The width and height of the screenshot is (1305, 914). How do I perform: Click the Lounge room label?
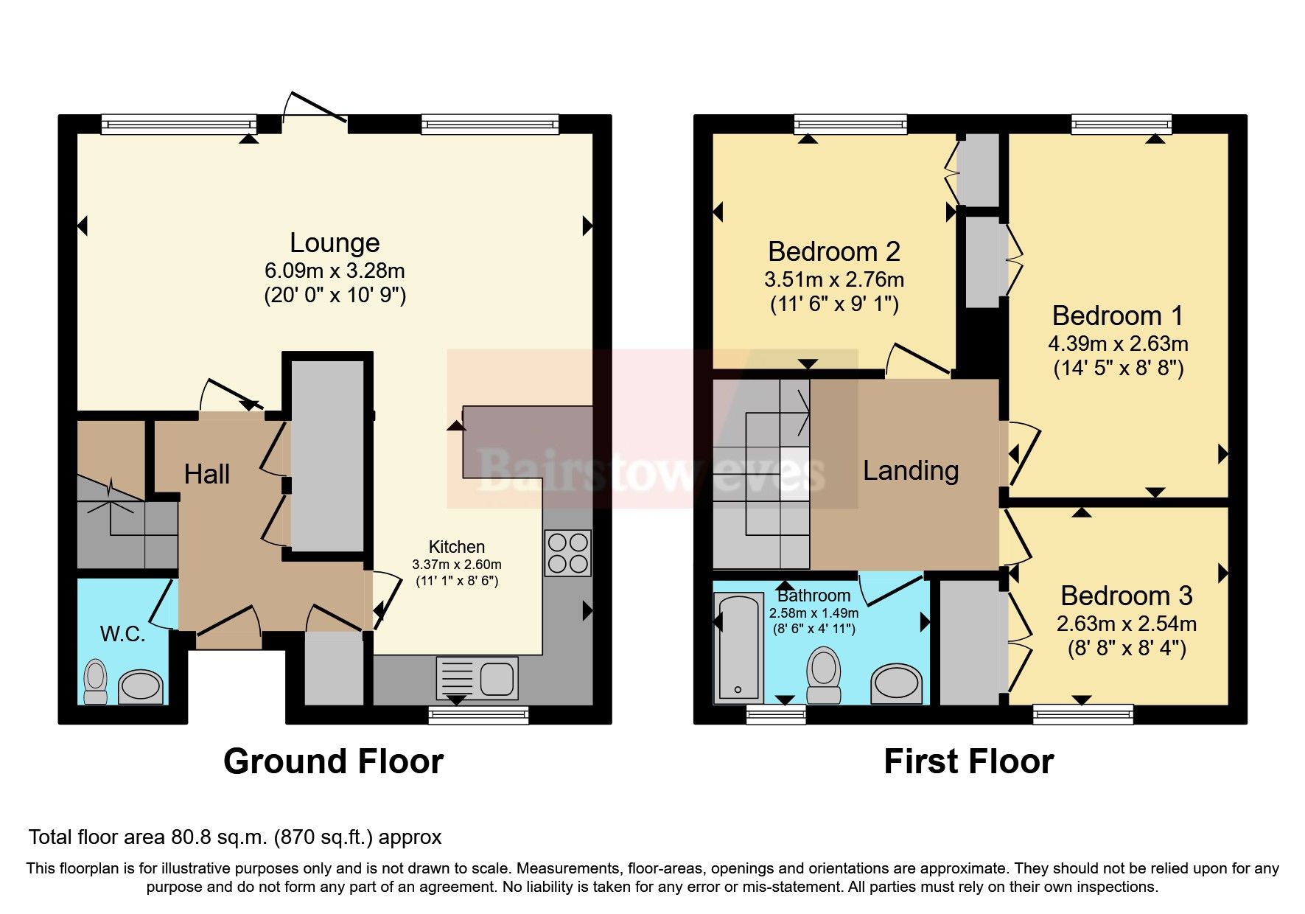pyautogui.click(x=335, y=243)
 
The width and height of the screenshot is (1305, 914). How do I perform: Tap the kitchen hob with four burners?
pyautogui.click(x=568, y=553)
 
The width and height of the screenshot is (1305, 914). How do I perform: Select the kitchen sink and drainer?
pyautogui.click(x=477, y=677)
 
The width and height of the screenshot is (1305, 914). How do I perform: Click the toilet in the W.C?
pyautogui.click(x=96, y=682)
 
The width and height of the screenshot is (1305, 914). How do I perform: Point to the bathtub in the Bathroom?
pyautogui.click(x=738, y=647)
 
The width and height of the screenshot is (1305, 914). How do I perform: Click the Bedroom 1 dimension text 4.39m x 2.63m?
pyautogui.click(x=1118, y=343)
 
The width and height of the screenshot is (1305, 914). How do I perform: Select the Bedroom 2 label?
pyautogui.click(x=833, y=252)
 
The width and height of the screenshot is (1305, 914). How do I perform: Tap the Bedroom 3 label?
pyautogui.click(x=1126, y=596)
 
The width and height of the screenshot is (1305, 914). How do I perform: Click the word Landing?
pyautogui.click(x=911, y=470)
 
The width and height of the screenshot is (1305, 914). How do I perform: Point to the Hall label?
pyautogui.click(x=207, y=474)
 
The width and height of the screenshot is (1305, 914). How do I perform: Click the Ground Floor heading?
pyautogui.click(x=333, y=761)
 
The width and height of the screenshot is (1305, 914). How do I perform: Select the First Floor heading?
pyautogui.click(x=968, y=761)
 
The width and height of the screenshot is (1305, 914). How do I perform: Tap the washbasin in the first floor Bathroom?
pyautogui.click(x=896, y=685)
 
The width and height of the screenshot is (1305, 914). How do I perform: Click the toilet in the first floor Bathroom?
pyautogui.click(x=824, y=674)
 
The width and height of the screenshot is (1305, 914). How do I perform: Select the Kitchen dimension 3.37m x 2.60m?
pyautogui.click(x=457, y=565)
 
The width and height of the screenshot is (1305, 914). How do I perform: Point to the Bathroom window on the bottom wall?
pyautogui.click(x=776, y=714)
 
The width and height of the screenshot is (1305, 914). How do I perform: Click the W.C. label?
pyautogui.click(x=122, y=634)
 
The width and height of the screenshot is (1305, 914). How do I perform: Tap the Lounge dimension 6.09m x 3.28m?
pyautogui.click(x=335, y=271)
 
